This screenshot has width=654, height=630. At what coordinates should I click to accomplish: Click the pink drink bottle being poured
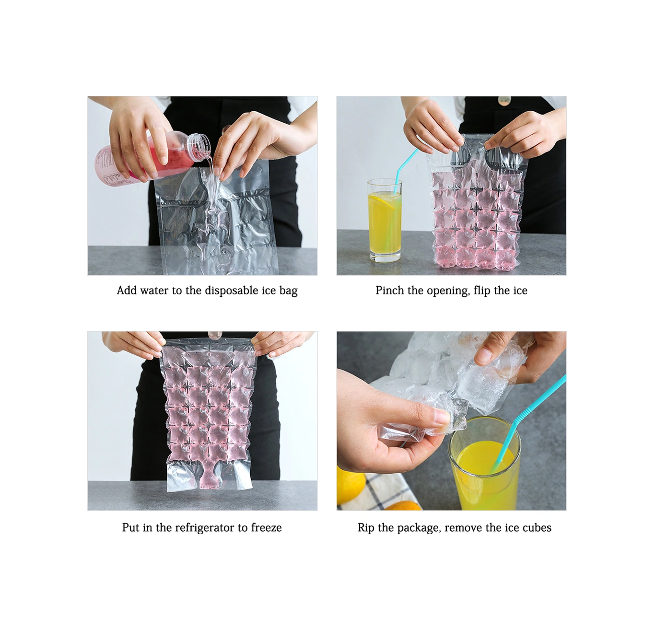click(x=151, y=157)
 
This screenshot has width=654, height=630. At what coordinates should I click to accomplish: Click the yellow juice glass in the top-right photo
click(x=385, y=220)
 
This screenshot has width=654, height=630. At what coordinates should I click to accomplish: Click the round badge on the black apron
click(x=504, y=100)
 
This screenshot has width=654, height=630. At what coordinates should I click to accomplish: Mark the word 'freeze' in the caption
click(x=267, y=528)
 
